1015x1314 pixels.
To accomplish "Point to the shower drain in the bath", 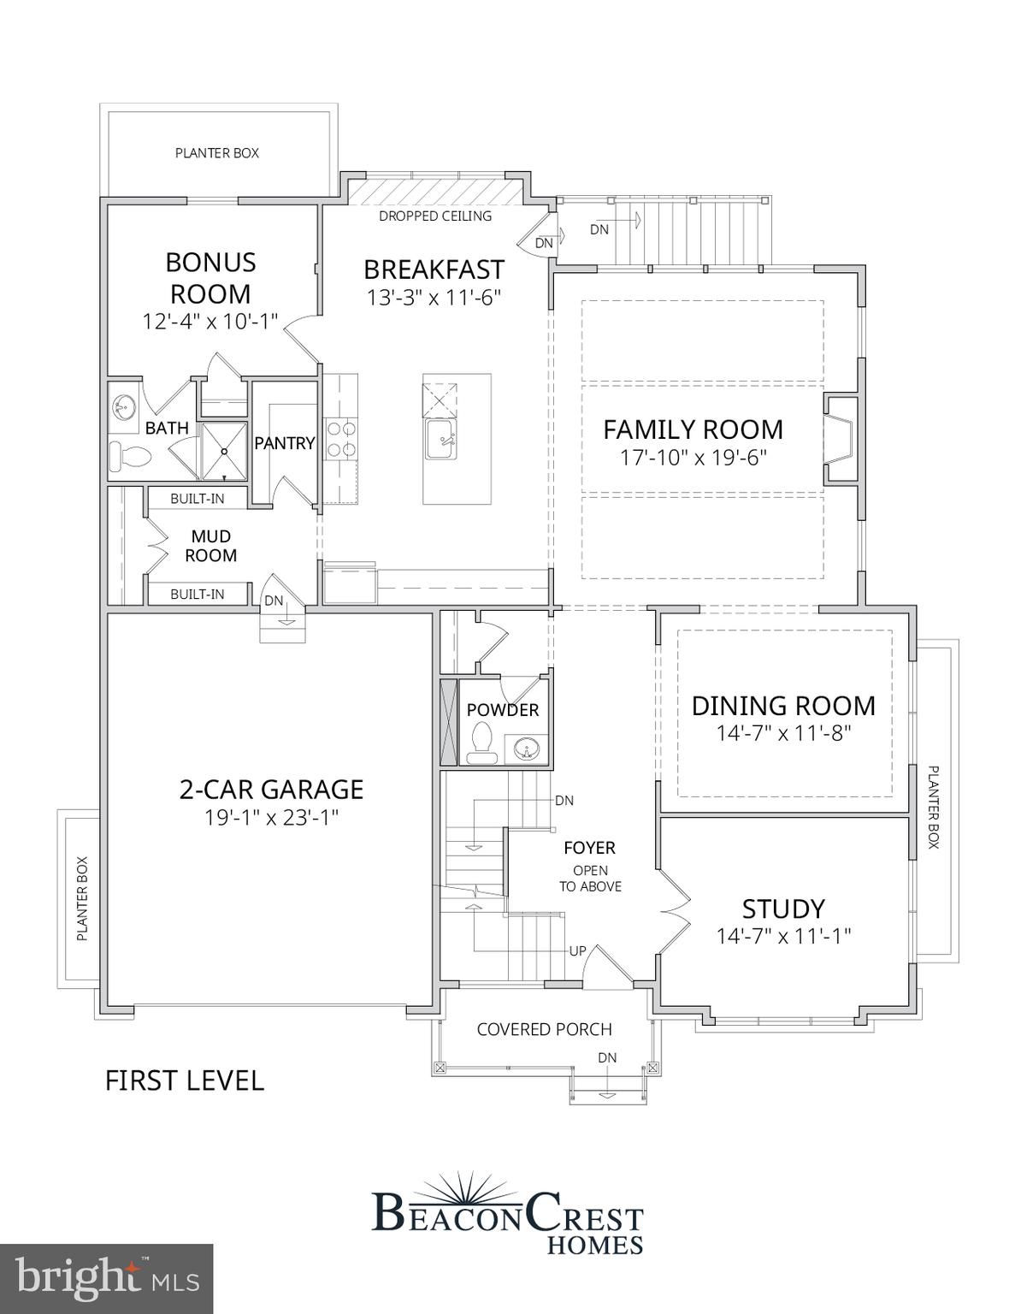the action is pos(223,451).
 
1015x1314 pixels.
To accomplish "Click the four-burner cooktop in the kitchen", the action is pos(340,439).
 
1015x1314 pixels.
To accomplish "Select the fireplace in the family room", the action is pos(841,440).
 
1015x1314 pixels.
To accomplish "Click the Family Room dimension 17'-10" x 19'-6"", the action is pos(693,458).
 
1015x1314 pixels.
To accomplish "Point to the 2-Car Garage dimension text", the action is pos(271,818).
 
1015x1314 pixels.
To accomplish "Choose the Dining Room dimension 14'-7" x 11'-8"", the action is pos(783,733).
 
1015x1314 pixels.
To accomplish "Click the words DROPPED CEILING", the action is pos(435,216).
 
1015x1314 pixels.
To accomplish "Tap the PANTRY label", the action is pos(285,443).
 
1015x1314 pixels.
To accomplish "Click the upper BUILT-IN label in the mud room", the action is pos(197,499).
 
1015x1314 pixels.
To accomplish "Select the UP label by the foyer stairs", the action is pos(577,951).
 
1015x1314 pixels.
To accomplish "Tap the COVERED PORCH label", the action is pos(545,1029).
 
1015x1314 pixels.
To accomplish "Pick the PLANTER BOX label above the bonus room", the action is pos(217,153).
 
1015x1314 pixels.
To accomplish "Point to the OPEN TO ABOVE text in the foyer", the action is pos(590,879).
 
